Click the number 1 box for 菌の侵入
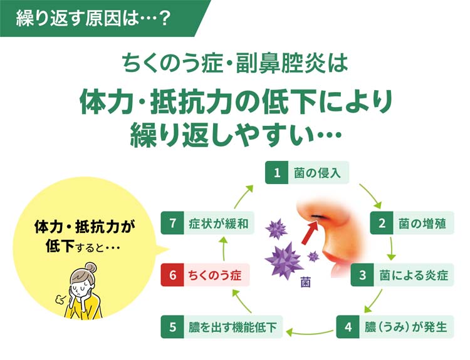click(276, 173)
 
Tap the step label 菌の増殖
click(422, 224)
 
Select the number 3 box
click(362, 275)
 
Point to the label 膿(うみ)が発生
click(406, 327)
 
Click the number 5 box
click(172, 327)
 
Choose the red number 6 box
click(172, 275)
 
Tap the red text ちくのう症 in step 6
click(214, 275)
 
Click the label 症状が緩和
click(219, 224)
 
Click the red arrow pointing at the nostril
click(310, 232)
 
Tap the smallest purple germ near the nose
click(313, 256)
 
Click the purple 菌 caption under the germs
click(305, 283)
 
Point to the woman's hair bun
click(90, 267)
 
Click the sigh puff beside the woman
click(60, 299)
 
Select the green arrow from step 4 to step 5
click(310, 332)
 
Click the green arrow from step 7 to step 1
click(243, 196)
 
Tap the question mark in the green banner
click(164, 18)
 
